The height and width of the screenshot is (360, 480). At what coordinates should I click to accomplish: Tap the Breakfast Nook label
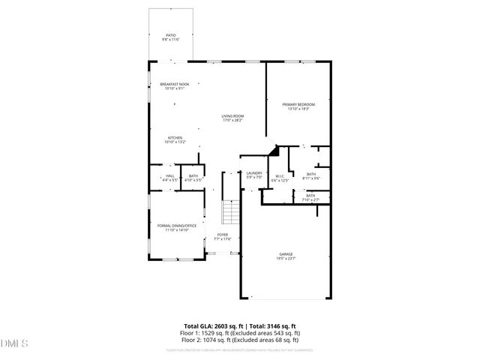(174, 86)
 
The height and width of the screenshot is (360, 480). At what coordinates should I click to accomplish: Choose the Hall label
(169, 178)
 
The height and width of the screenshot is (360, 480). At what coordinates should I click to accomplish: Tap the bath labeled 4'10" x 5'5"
(194, 178)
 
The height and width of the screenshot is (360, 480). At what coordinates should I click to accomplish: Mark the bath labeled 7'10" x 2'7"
(310, 197)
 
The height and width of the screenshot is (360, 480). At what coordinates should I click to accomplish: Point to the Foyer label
(223, 237)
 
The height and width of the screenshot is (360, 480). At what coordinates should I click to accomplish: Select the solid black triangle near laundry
(274, 151)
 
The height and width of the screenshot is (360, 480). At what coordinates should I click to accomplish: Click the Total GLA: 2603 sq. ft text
(212, 325)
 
